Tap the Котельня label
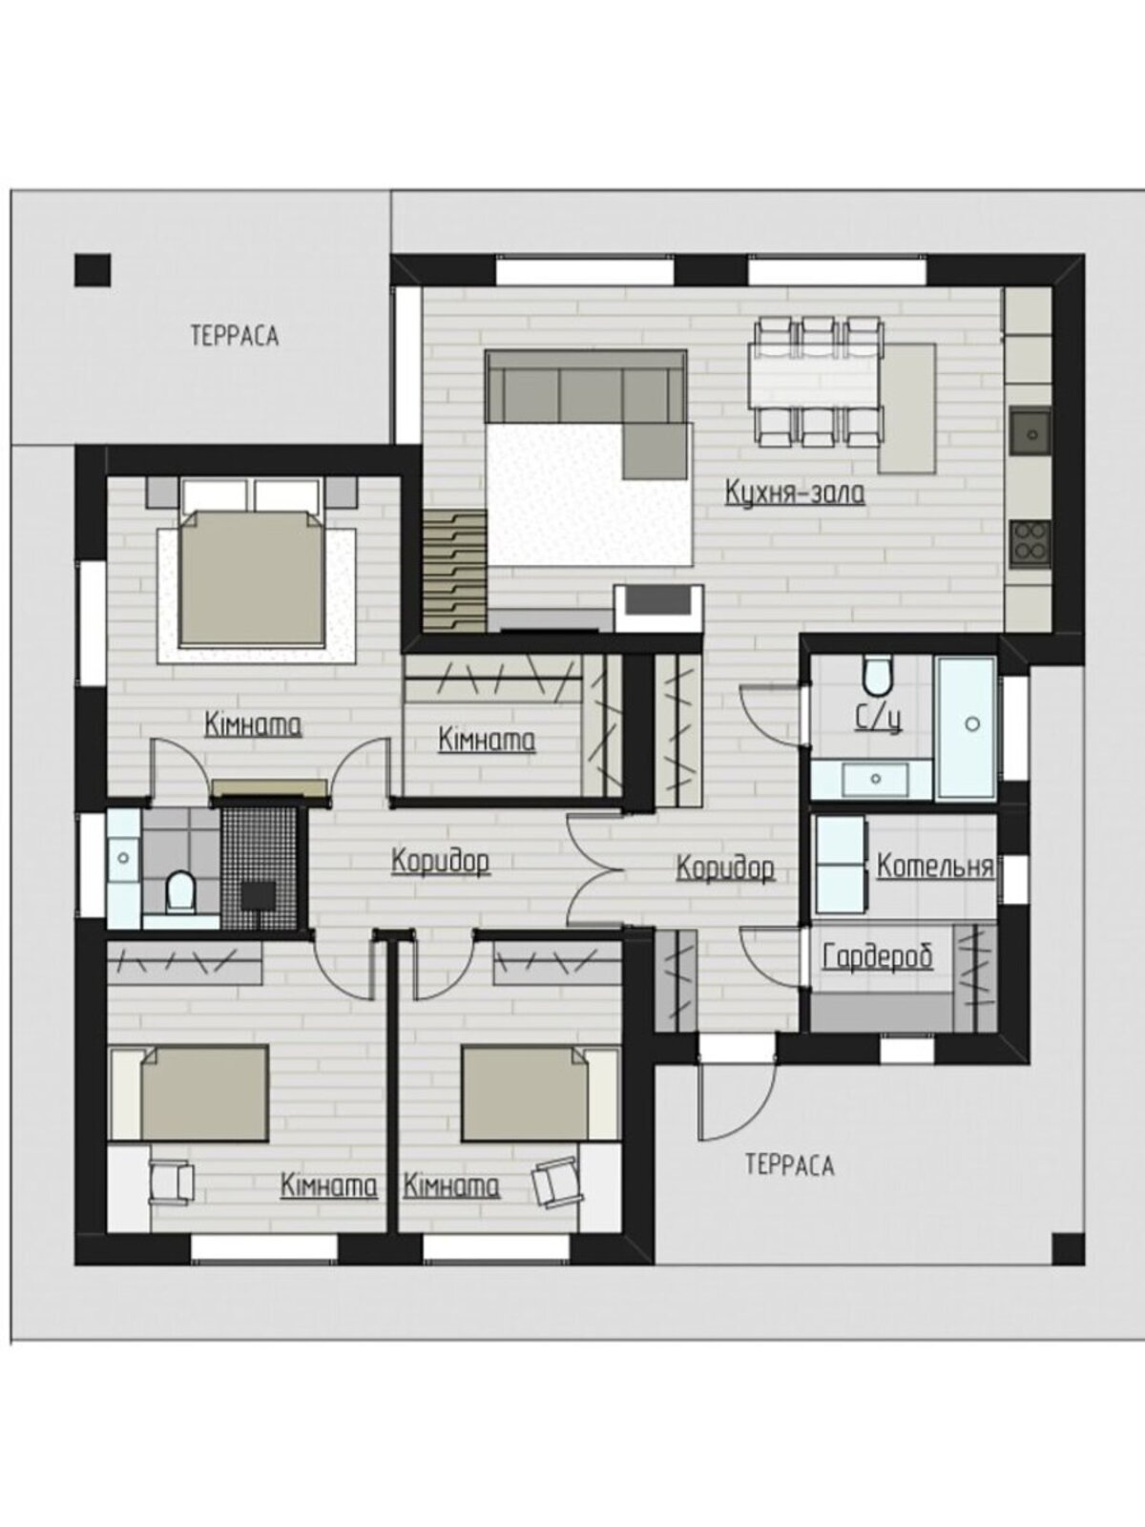tap(934, 867)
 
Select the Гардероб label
tap(877, 957)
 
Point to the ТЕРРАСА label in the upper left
tap(235, 336)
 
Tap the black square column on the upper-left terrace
tap(94, 271)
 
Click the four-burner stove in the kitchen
tap(1030, 543)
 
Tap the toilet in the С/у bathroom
tap(876, 677)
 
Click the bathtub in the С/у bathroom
tap(967, 726)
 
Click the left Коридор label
tap(441, 861)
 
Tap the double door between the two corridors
tap(591, 868)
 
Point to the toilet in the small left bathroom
tap(180, 891)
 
